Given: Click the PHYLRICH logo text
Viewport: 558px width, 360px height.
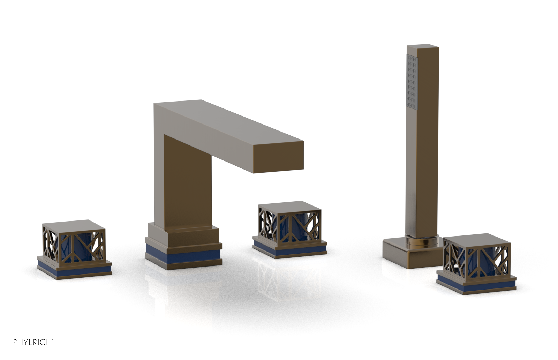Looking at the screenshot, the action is (x=33, y=342).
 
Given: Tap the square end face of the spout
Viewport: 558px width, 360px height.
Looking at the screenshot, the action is (x=279, y=157).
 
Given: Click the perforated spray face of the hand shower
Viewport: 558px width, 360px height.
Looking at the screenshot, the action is (x=412, y=82).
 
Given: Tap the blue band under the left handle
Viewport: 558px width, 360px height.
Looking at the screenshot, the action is (x=74, y=270).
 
